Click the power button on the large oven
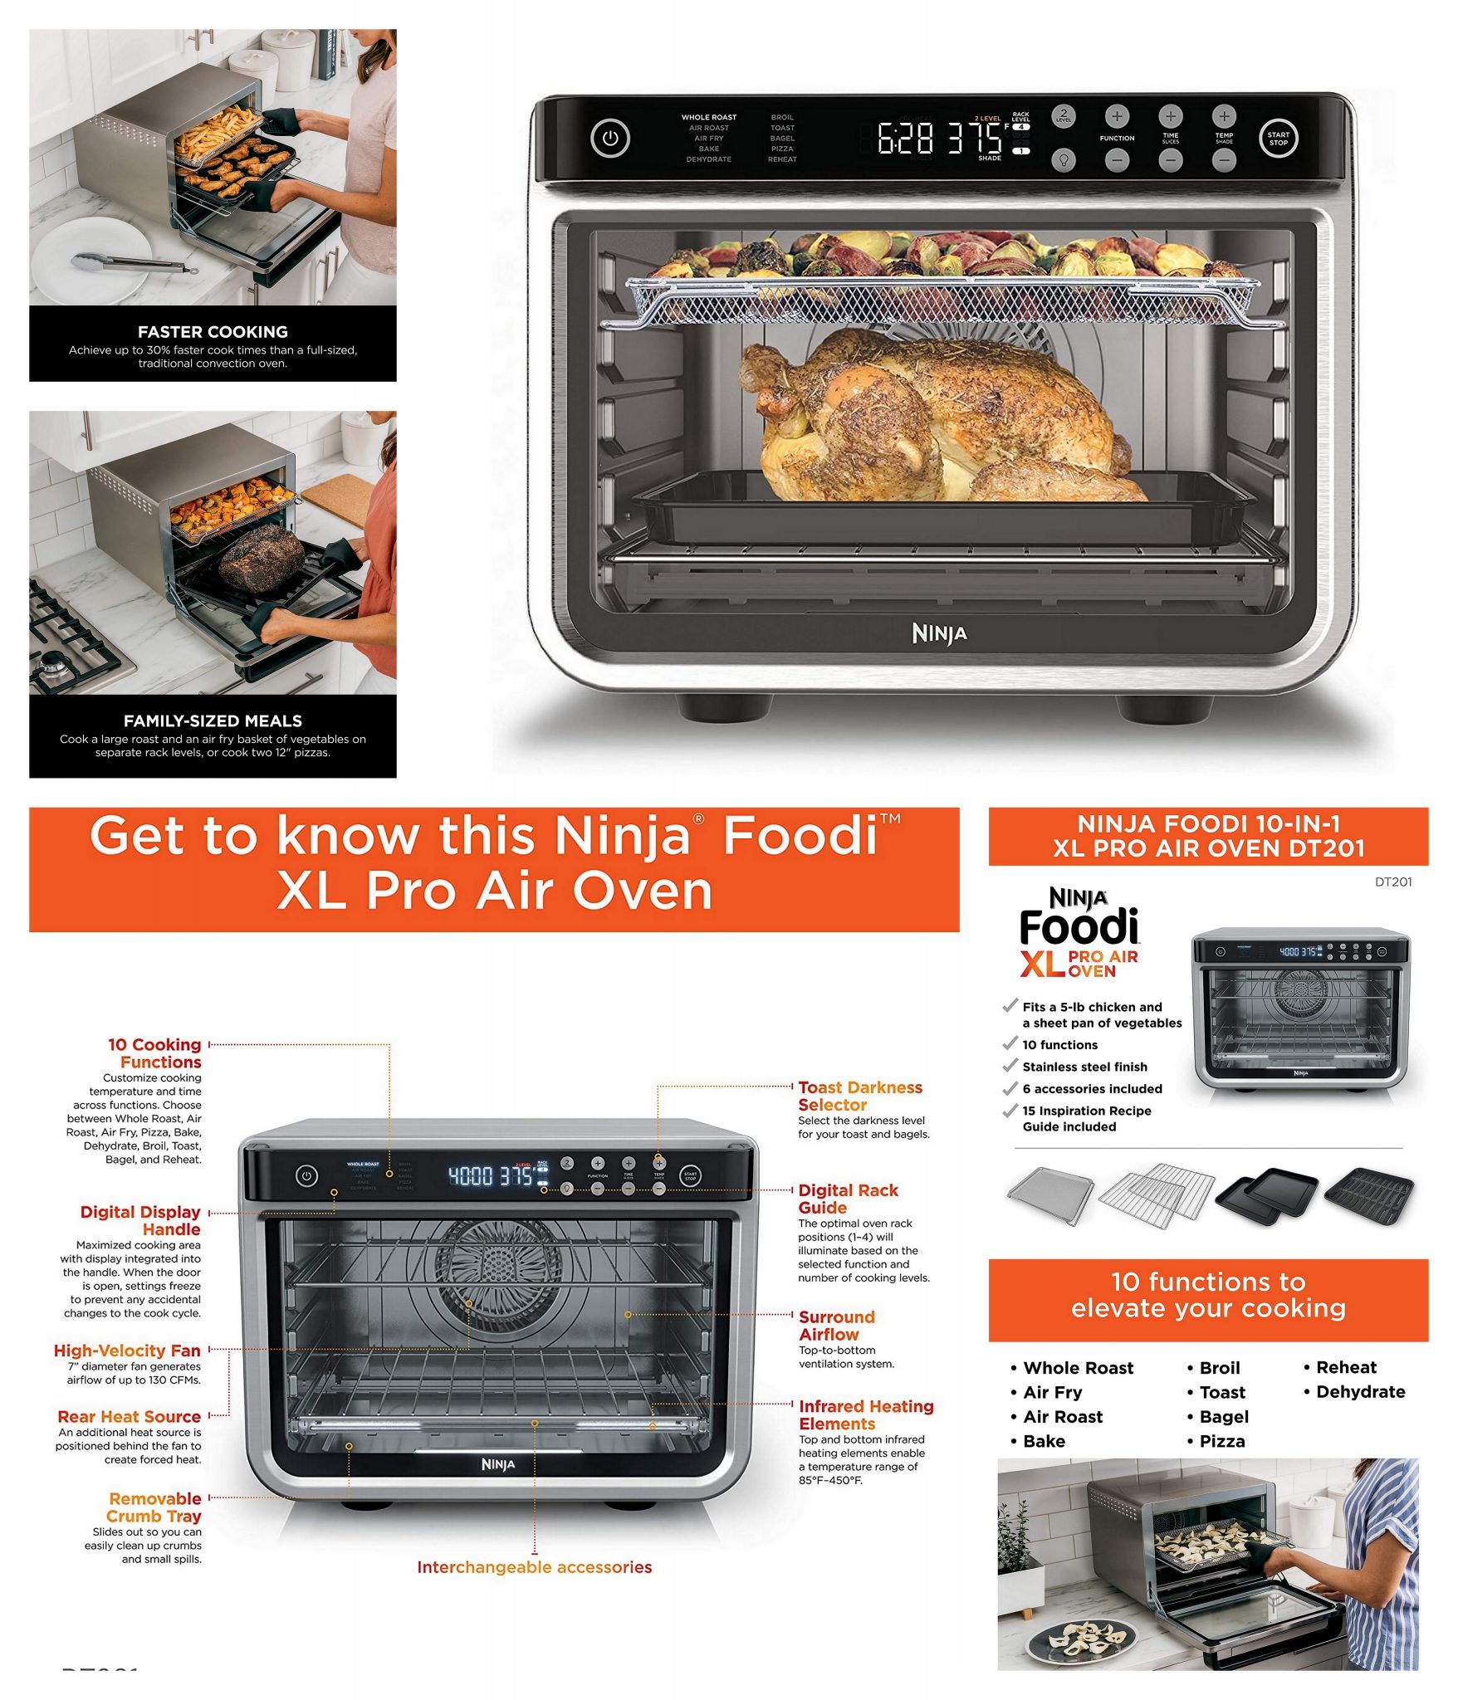[610, 139]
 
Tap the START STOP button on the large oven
[1278, 139]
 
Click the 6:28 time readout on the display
[905, 139]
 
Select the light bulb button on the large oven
[1064, 160]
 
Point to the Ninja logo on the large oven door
[939, 634]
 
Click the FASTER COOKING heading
[213, 331]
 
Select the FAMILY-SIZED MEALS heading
[213, 721]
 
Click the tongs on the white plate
[133, 264]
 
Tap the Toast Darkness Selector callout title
[859, 1096]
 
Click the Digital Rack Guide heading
[847, 1199]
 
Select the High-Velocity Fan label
[127, 1351]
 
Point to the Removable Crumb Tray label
[154, 1507]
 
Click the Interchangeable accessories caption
[534, 1567]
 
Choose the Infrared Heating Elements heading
[865, 1414]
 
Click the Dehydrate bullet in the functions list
[1359, 1392]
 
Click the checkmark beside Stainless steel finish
[1010, 1065]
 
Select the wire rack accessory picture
[1156, 1194]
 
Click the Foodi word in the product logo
[1079, 927]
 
